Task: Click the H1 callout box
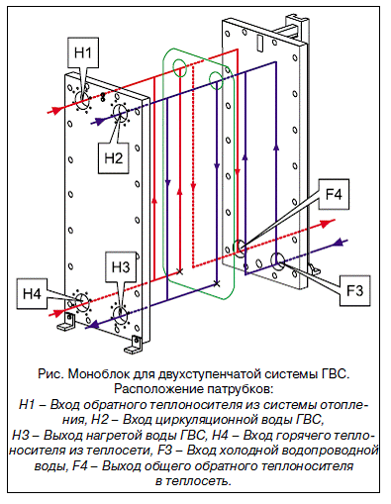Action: (83, 52)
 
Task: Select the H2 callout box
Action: (113, 158)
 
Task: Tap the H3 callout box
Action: (121, 266)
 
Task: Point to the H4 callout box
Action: (32, 293)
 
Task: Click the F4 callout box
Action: (334, 194)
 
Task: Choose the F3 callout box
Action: (355, 290)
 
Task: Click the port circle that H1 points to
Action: (82, 100)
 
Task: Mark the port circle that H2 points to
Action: (120, 113)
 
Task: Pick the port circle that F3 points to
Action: (277, 260)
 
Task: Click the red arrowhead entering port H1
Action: (56, 110)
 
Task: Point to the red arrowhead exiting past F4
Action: (327, 223)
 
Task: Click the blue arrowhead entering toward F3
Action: (338, 243)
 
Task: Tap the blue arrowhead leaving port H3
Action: (94, 325)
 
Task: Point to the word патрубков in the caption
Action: (239, 389)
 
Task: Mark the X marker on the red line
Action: (180, 271)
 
